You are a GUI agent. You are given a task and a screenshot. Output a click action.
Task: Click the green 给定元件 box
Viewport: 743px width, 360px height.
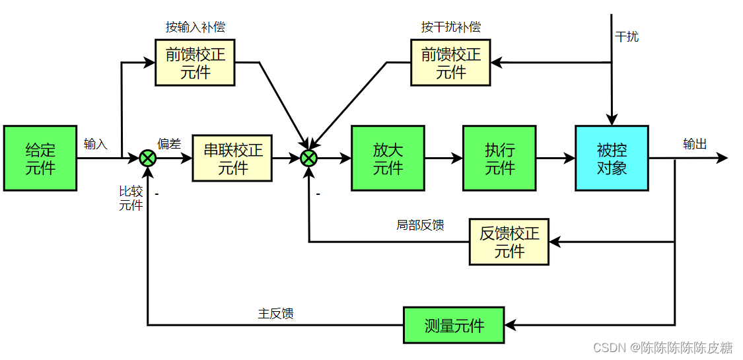[40, 159]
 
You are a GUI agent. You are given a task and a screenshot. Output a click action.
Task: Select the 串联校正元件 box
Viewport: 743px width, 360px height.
[232, 159]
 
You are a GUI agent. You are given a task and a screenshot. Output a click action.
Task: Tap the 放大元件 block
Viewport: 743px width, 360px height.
[388, 159]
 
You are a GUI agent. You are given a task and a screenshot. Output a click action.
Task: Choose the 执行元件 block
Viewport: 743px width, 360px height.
[499, 159]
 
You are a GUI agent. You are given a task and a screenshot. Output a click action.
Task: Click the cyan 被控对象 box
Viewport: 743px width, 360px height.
[612, 159]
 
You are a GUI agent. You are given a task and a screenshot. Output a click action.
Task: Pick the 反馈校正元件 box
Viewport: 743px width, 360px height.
[509, 242]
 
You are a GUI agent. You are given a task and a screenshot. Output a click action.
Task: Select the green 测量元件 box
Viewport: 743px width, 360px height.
[454, 325]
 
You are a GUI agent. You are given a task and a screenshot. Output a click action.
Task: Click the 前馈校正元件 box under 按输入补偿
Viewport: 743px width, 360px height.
[195, 63]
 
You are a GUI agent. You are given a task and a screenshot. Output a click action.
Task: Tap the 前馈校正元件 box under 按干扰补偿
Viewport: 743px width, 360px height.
[450, 63]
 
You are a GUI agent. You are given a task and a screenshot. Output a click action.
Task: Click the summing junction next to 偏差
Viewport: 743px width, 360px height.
[147, 159]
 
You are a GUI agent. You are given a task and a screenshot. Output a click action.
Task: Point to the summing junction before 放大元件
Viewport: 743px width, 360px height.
[309, 159]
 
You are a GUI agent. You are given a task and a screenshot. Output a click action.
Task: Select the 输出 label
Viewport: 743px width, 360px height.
[695, 144]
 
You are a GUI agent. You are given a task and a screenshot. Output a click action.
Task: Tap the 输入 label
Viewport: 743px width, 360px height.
[96, 144]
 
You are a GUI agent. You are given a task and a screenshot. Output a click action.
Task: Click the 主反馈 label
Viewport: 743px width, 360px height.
[275, 314]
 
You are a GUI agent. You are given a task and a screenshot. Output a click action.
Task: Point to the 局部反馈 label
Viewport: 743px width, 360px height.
[420, 225]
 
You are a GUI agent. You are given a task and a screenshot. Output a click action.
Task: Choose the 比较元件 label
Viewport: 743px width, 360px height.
[131, 198]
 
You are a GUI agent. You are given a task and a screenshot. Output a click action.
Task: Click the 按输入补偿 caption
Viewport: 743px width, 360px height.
[195, 28]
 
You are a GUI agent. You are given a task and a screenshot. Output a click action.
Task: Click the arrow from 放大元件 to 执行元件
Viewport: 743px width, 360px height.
[443, 159]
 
